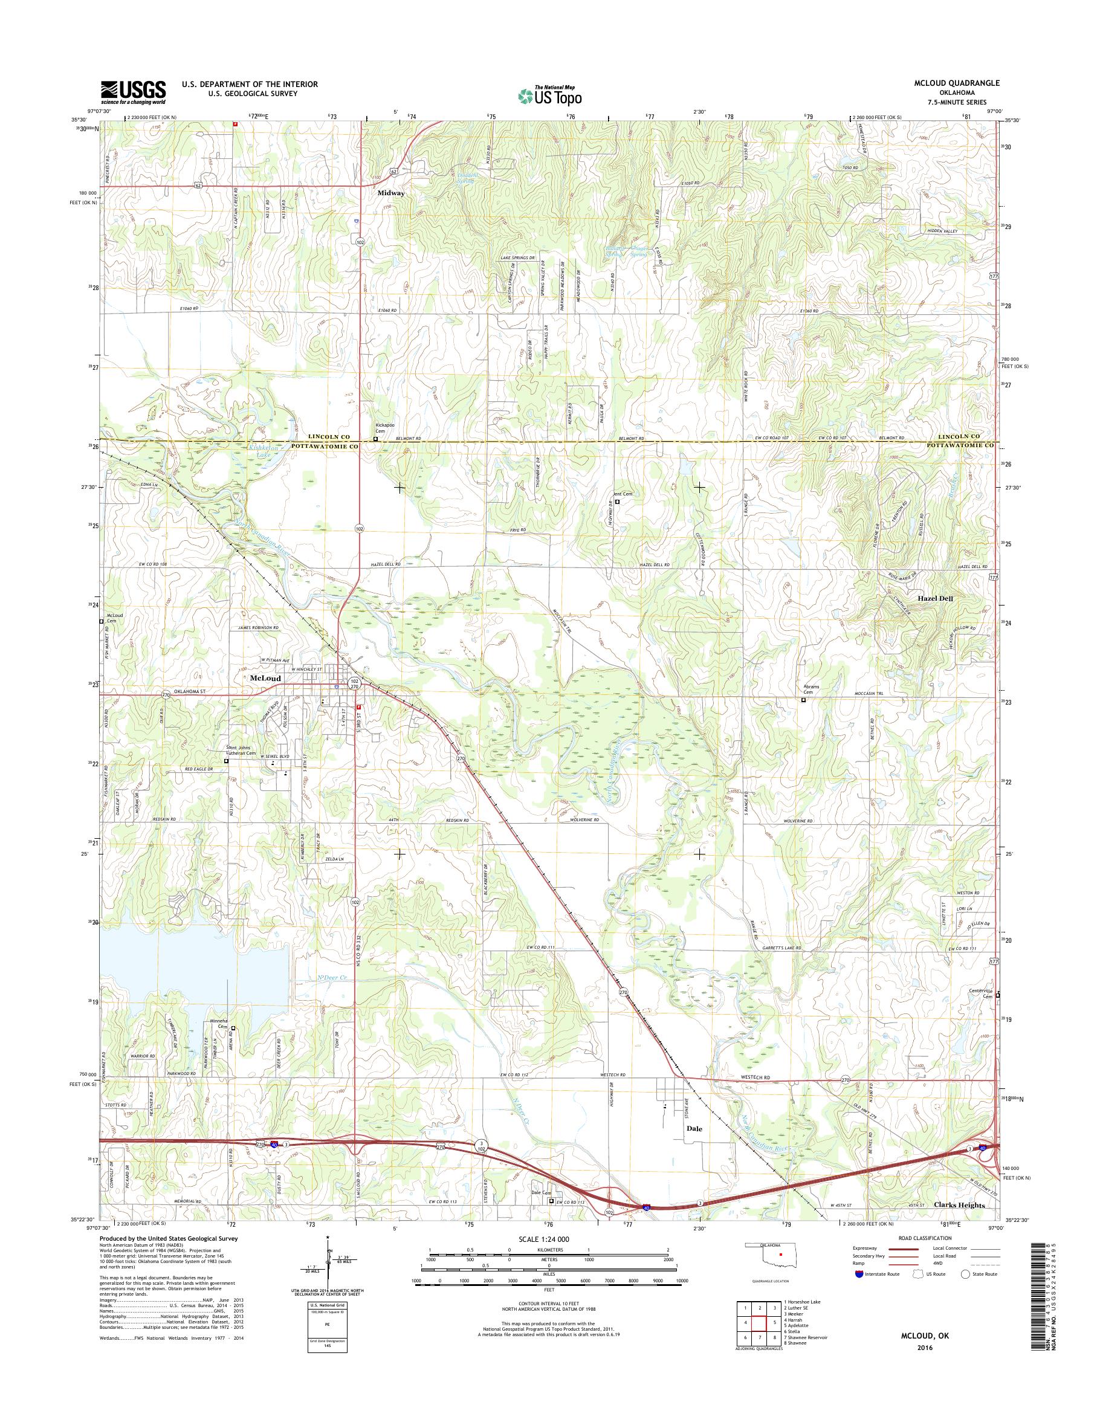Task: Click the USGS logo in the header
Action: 134,92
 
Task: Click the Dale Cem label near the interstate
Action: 541,1193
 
